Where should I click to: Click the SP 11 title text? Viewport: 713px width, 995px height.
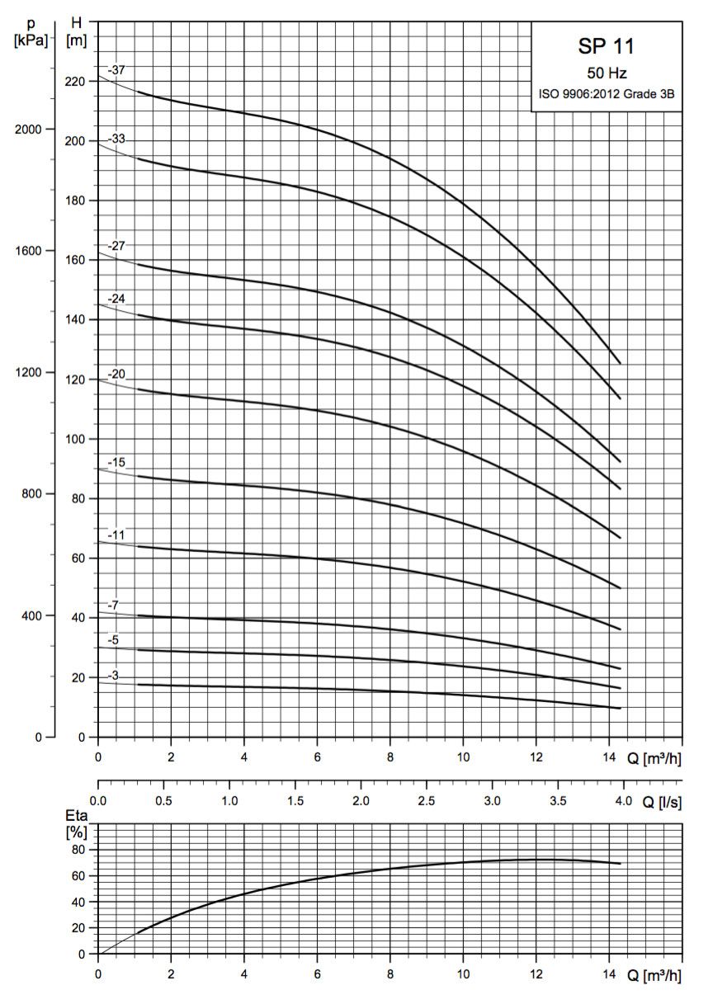(x=607, y=46)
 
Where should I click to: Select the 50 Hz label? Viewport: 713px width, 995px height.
(x=607, y=73)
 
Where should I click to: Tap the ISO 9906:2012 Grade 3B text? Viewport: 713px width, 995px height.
(x=607, y=95)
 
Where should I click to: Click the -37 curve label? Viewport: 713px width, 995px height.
(x=116, y=70)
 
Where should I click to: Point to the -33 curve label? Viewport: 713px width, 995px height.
(x=116, y=139)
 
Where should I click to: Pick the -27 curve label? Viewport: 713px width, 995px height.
(x=116, y=245)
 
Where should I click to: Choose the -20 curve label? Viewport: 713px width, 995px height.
(x=116, y=375)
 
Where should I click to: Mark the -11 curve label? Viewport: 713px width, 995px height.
(x=116, y=535)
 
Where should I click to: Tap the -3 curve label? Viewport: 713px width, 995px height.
(x=114, y=676)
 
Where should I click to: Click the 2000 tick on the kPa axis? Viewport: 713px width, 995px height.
(x=31, y=130)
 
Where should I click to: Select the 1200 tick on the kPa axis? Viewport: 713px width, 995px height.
(x=31, y=372)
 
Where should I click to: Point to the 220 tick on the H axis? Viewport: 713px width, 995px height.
(x=75, y=82)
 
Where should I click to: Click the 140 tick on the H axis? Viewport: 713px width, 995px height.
(x=75, y=319)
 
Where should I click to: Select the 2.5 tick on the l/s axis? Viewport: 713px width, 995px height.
(x=426, y=801)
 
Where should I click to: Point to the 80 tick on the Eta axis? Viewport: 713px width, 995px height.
(x=80, y=849)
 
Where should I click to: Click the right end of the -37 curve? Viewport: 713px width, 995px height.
(x=620, y=363)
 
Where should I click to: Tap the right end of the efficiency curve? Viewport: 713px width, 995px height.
(x=620, y=864)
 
